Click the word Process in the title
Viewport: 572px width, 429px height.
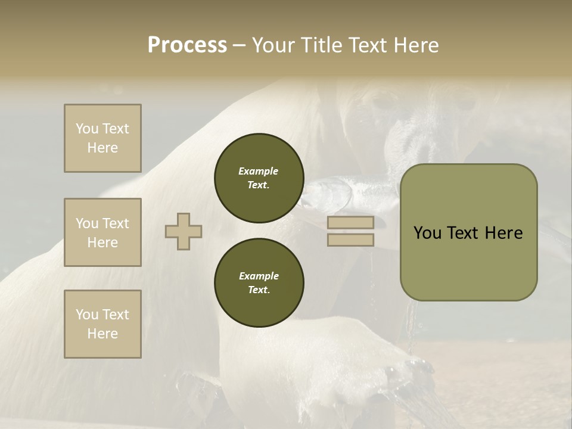click(x=187, y=45)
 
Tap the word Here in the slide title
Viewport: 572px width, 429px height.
click(x=415, y=45)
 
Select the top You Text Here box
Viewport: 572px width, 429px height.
click(x=102, y=138)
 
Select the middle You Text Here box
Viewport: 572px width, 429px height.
click(x=102, y=232)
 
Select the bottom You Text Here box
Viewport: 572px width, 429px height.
click(x=102, y=324)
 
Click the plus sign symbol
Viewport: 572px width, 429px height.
click(x=184, y=231)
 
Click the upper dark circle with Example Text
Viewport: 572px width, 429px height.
click(x=259, y=178)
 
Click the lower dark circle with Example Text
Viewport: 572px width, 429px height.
click(x=259, y=283)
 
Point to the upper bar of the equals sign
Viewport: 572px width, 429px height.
click(x=350, y=223)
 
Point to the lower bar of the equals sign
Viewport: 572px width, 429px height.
click(x=350, y=240)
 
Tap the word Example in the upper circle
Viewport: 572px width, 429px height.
click(x=259, y=171)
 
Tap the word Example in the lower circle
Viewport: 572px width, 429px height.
click(x=259, y=276)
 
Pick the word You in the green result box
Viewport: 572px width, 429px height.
click(x=427, y=233)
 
